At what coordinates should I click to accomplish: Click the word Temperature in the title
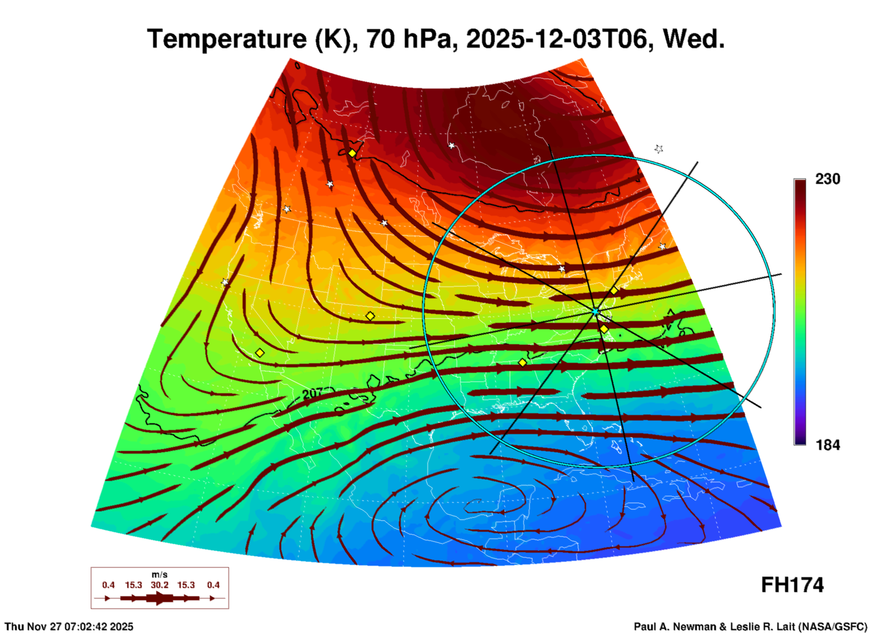[228, 39]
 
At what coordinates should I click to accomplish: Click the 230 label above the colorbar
[827, 179]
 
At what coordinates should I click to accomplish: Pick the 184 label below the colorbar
[827, 445]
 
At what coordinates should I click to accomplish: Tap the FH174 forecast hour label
[792, 585]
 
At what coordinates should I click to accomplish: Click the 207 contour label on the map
[313, 393]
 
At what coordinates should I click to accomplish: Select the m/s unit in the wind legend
[159, 574]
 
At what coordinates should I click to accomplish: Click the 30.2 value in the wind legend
[159, 585]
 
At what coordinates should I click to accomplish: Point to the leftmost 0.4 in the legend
[108, 585]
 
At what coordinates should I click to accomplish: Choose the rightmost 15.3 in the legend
[186, 585]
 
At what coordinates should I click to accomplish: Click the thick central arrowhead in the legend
[159, 598]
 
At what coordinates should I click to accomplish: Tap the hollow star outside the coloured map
[659, 148]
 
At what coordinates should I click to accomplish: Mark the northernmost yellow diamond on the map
[352, 153]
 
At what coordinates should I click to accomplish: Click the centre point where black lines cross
[595, 312]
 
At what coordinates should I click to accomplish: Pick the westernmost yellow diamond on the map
[260, 353]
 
